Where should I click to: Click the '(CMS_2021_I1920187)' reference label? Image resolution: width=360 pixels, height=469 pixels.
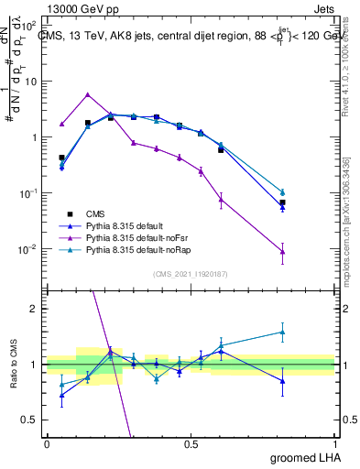[x=190, y=273]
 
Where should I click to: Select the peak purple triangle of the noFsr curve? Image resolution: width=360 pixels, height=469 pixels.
[x=87, y=94]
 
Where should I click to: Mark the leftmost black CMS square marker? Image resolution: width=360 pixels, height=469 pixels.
[x=61, y=158]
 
